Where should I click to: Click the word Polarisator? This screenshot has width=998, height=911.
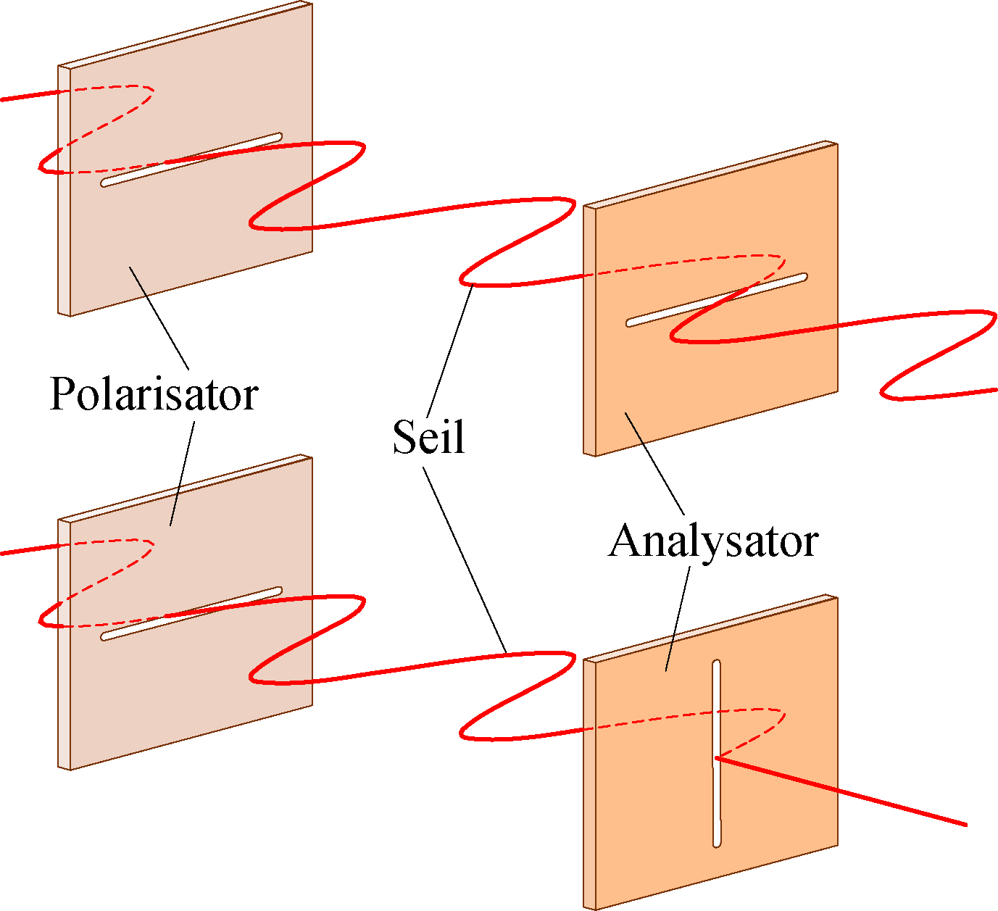(x=154, y=395)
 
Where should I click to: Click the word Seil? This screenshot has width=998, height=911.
(x=429, y=436)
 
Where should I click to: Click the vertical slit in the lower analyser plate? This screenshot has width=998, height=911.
(x=716, y=753)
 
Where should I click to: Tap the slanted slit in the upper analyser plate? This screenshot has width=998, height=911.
(x=716, y=300)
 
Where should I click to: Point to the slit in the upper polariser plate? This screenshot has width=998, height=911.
(x=191, y=159)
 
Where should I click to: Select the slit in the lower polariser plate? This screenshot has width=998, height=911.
(x=191, y=613)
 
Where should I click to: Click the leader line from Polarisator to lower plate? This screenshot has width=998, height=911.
(x=182, y=473)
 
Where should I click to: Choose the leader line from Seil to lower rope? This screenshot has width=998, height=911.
(x=465, y=560)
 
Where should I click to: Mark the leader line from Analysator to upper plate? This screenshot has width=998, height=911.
(x=654, y=464)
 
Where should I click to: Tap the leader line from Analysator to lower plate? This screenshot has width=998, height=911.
(x=678, y=619)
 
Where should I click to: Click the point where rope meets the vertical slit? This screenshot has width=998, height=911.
(x=716, y=758)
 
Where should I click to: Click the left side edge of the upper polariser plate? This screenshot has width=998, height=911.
(x=65, y=191)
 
